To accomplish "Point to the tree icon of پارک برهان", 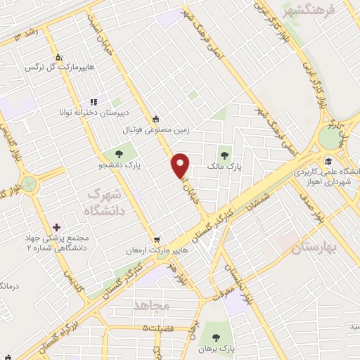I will click(226, 335).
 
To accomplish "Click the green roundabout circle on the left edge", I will click(29, 185).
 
